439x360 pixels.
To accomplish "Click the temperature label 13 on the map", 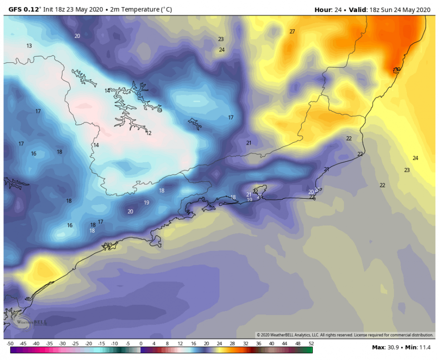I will [x=29, y=46].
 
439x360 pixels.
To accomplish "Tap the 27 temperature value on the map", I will [x=292, y=32].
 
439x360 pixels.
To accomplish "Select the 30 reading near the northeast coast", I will [x=397, y=70].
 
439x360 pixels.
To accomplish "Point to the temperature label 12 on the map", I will [x=149, y=133].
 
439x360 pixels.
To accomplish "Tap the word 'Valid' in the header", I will [x=357, y=9].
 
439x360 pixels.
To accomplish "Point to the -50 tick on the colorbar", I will [x=10, y=344].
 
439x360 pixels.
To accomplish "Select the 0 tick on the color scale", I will [x=141, y=344].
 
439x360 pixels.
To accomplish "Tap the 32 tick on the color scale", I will [x=246, y=344].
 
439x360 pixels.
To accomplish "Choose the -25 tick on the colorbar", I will [x=75, y=344].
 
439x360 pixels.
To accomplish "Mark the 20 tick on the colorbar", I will [x=207, y=344].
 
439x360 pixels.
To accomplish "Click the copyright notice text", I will [x=345, y=335].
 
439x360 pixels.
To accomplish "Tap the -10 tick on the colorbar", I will [x=115, y=344].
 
